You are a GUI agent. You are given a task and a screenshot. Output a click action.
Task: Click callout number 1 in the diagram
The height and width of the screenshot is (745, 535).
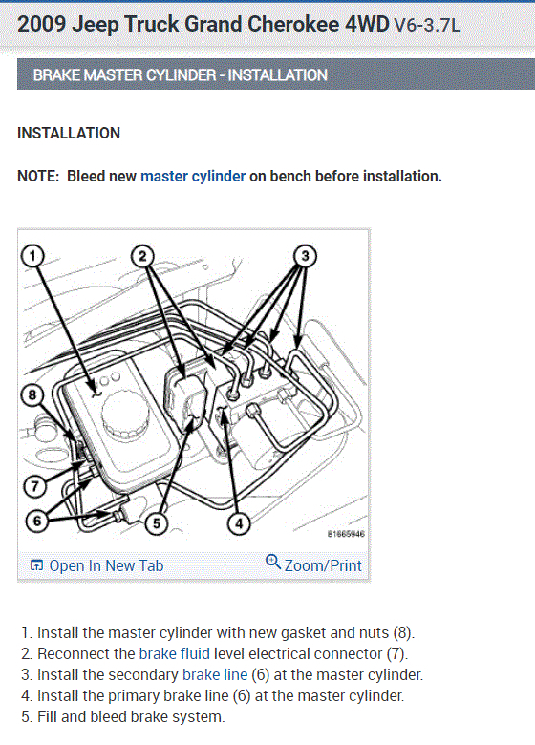coord(32,256)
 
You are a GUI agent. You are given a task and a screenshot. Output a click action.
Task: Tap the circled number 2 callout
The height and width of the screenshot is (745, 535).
coord(142,256)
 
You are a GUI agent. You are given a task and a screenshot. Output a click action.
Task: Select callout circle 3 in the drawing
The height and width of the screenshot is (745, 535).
coord(305,256)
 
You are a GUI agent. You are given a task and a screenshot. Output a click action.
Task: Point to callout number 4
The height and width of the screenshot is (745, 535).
coord(239,523)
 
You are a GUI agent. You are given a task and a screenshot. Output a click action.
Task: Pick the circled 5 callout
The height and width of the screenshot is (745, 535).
coord(157,523)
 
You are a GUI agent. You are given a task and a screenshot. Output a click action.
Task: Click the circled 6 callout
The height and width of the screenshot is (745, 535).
coord(36,521)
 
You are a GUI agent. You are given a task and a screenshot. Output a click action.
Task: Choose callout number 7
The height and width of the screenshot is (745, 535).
coord(34,486)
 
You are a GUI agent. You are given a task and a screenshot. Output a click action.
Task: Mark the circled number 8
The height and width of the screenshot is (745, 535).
coord(32,395)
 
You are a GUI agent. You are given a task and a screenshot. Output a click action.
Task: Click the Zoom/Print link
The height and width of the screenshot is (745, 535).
coord(323,565)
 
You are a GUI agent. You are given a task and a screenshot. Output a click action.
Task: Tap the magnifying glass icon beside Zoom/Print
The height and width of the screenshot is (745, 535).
coord(272,562)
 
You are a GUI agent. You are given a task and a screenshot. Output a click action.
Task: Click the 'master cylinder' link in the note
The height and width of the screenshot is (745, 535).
coord(193,177)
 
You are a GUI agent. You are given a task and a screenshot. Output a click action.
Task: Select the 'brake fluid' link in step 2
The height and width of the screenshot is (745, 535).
coord(175,653)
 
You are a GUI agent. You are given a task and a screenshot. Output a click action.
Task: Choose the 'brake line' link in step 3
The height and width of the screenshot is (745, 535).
coord(215,674)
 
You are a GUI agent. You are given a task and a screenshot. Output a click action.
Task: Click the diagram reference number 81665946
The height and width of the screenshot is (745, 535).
coord(346,534)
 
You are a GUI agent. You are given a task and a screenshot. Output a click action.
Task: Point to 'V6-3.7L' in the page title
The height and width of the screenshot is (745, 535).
coord(427,25)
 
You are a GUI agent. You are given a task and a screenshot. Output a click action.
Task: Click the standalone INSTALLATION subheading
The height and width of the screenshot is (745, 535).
coord(69,133)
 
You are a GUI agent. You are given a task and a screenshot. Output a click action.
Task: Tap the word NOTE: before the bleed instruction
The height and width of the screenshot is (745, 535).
coord(38,177)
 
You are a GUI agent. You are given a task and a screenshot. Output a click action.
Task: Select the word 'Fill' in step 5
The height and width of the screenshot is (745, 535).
coord(48,716)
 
